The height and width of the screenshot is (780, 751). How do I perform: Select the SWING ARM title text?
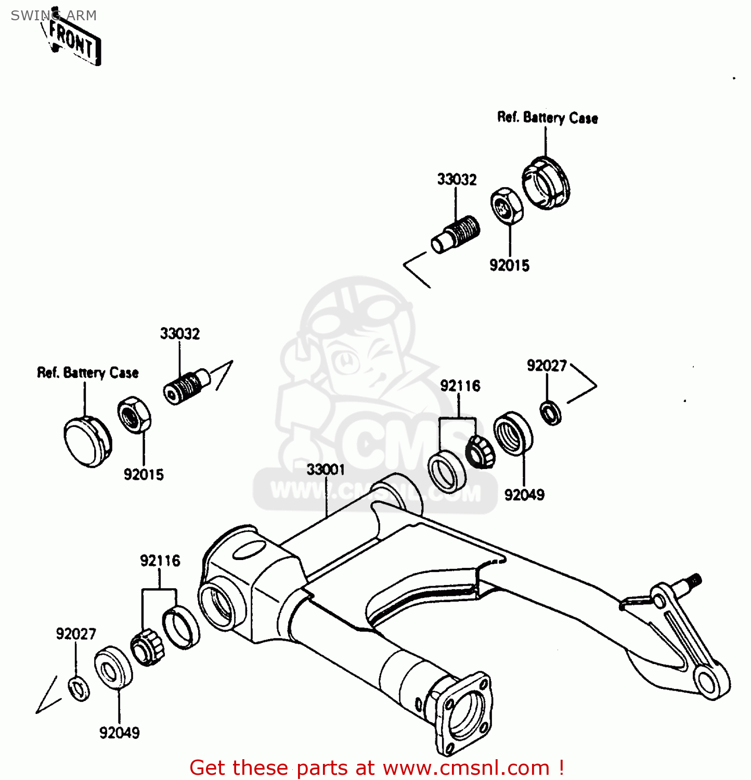[x=54, y=16]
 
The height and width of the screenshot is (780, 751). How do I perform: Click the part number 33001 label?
[x=326, y=470]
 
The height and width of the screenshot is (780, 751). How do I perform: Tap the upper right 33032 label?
[x=457, y=179]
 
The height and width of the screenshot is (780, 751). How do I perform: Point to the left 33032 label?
[x=179, y=333]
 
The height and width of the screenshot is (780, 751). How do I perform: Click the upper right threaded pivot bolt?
[x=456, y=235]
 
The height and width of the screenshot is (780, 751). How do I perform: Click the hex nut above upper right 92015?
[x=507, y=206]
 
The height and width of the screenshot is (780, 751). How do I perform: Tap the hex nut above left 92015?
[x=134, y=414]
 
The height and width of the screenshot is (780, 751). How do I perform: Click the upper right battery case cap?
[x=546, y=183]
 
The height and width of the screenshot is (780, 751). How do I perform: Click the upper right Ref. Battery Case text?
[x=547, y=118]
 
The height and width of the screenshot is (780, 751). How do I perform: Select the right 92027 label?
[x=546, y=366]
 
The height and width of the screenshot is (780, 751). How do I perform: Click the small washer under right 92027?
[x=550, y=413]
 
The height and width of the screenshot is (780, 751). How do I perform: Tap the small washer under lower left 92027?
[x=79, y=688]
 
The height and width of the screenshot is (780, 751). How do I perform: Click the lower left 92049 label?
[x=119, y=733]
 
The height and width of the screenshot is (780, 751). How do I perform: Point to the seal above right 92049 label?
[x=513, y=433]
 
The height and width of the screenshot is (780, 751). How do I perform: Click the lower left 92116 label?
[x=160, y=561]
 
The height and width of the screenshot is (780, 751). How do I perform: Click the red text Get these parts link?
[x=377, y=768]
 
